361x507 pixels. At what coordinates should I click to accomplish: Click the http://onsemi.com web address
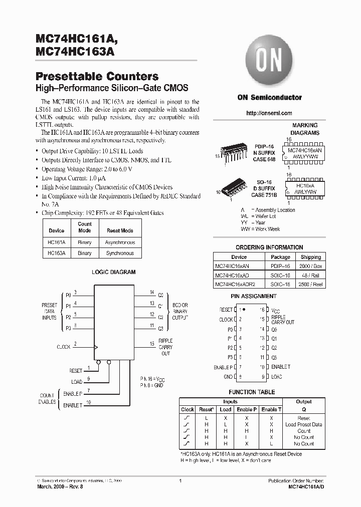click(269, 113)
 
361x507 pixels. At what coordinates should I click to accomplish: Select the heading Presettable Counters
click(97, 77)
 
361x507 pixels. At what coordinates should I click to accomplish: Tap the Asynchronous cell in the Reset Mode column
click(120, 242)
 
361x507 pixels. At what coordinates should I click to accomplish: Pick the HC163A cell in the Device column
click(56, 253)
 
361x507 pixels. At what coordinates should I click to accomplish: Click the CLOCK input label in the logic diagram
click(63, 347)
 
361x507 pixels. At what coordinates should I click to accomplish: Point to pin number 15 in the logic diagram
click(152, 344)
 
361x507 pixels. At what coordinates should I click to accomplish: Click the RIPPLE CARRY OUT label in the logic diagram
click(165, 347)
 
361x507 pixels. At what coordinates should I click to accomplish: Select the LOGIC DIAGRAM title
click(113, 273)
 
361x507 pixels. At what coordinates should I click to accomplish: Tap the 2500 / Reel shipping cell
click(311, 284)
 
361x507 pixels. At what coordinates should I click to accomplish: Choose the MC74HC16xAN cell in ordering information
click(232, 267)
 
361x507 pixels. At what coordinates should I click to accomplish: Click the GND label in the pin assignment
click(228, 376)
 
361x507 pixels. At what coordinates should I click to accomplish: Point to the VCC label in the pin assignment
click(276, 310)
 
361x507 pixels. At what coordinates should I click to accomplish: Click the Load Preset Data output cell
click(303, 424)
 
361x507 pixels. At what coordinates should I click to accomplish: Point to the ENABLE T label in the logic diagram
click(73, 405)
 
